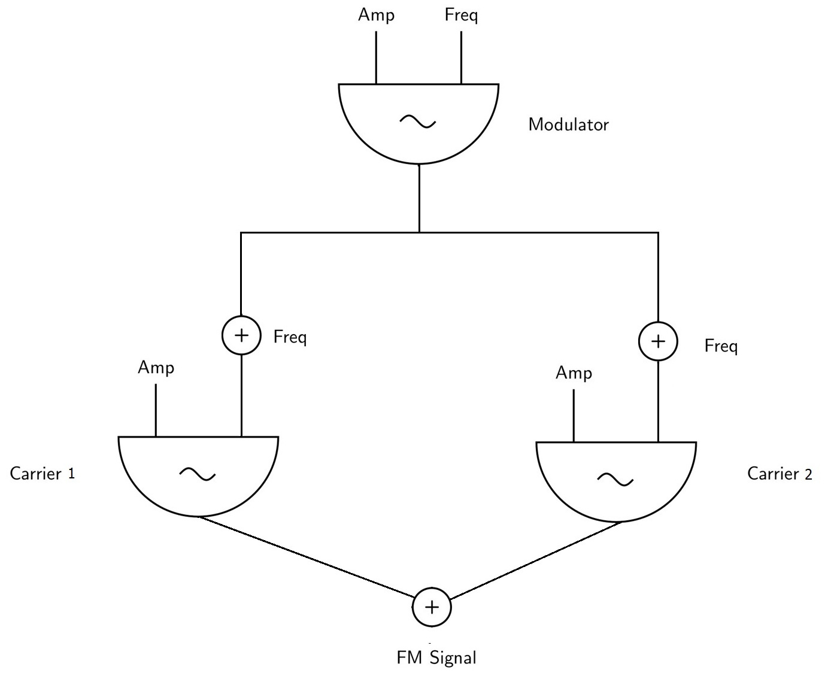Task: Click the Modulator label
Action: [568, 125]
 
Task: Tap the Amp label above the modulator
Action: [376, 14]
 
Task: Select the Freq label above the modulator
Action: [461, 14]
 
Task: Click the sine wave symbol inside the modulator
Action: [418, 122]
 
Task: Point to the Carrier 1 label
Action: [43, 474]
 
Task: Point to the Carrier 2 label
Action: [779, 474]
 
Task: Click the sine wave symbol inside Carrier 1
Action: [198, 475]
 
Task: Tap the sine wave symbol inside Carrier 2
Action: [615, 479]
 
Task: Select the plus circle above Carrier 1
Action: [241, 335]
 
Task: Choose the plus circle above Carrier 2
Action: [658, 341]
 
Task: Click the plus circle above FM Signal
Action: [432, 607]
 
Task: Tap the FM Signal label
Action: [436, 657]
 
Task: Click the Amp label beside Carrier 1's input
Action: [156, 367]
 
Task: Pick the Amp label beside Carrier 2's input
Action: [574, 373]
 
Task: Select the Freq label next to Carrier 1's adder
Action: [290, 337]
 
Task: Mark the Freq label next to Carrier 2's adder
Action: [721, 346]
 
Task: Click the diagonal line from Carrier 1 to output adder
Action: [307, 557]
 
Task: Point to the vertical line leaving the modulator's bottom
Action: [419, 198]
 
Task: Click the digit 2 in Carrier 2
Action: [808, 475]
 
